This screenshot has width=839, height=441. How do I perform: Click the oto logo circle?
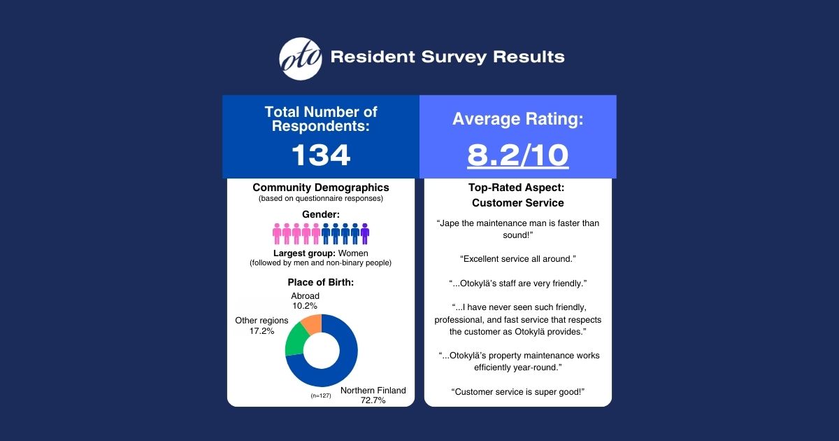[x=301, y=58]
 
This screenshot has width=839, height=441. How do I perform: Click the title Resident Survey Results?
[x=447, y=57]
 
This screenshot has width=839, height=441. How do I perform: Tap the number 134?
[x=320, y=155]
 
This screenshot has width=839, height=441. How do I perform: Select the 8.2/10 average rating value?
[x=517, y=155]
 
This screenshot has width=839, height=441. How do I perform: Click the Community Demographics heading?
[x=321, y=188]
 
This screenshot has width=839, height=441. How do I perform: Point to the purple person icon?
[x=365, y=234]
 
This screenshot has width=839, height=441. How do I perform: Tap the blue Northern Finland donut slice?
[x=343, y=364]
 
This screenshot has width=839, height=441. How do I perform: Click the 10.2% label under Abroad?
[x=305, y=306]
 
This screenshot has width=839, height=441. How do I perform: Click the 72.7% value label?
[x=373, y=400]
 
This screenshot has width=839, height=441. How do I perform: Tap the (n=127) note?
[x=321, y=395]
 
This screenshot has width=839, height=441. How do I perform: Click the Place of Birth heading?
[x=321, y=282]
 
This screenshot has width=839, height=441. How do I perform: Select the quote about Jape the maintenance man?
[x=517, y=229]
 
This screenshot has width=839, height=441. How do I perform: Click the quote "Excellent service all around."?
[x=517, y=259]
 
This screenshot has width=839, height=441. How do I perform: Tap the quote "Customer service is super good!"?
[x=517, y=391]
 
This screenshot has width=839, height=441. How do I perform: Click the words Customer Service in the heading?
[x=517, y=203]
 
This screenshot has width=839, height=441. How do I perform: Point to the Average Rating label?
[x=517, y=119]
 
